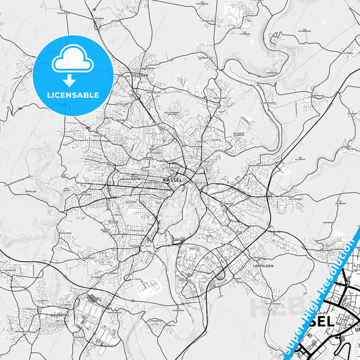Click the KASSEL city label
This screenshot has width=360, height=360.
[x=173, y=181]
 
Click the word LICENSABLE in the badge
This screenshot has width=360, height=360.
[x=72, y=95]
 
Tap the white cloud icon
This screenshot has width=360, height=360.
[x=72, y=62]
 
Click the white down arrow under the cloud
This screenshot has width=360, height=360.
[x=72, y=80]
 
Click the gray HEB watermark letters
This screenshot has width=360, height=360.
[x=274, y=307]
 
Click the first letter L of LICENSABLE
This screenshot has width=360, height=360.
[x=49, y=95]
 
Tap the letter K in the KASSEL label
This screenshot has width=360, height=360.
[x=165, y=181]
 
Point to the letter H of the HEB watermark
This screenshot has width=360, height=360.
[x=261, y=308]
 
